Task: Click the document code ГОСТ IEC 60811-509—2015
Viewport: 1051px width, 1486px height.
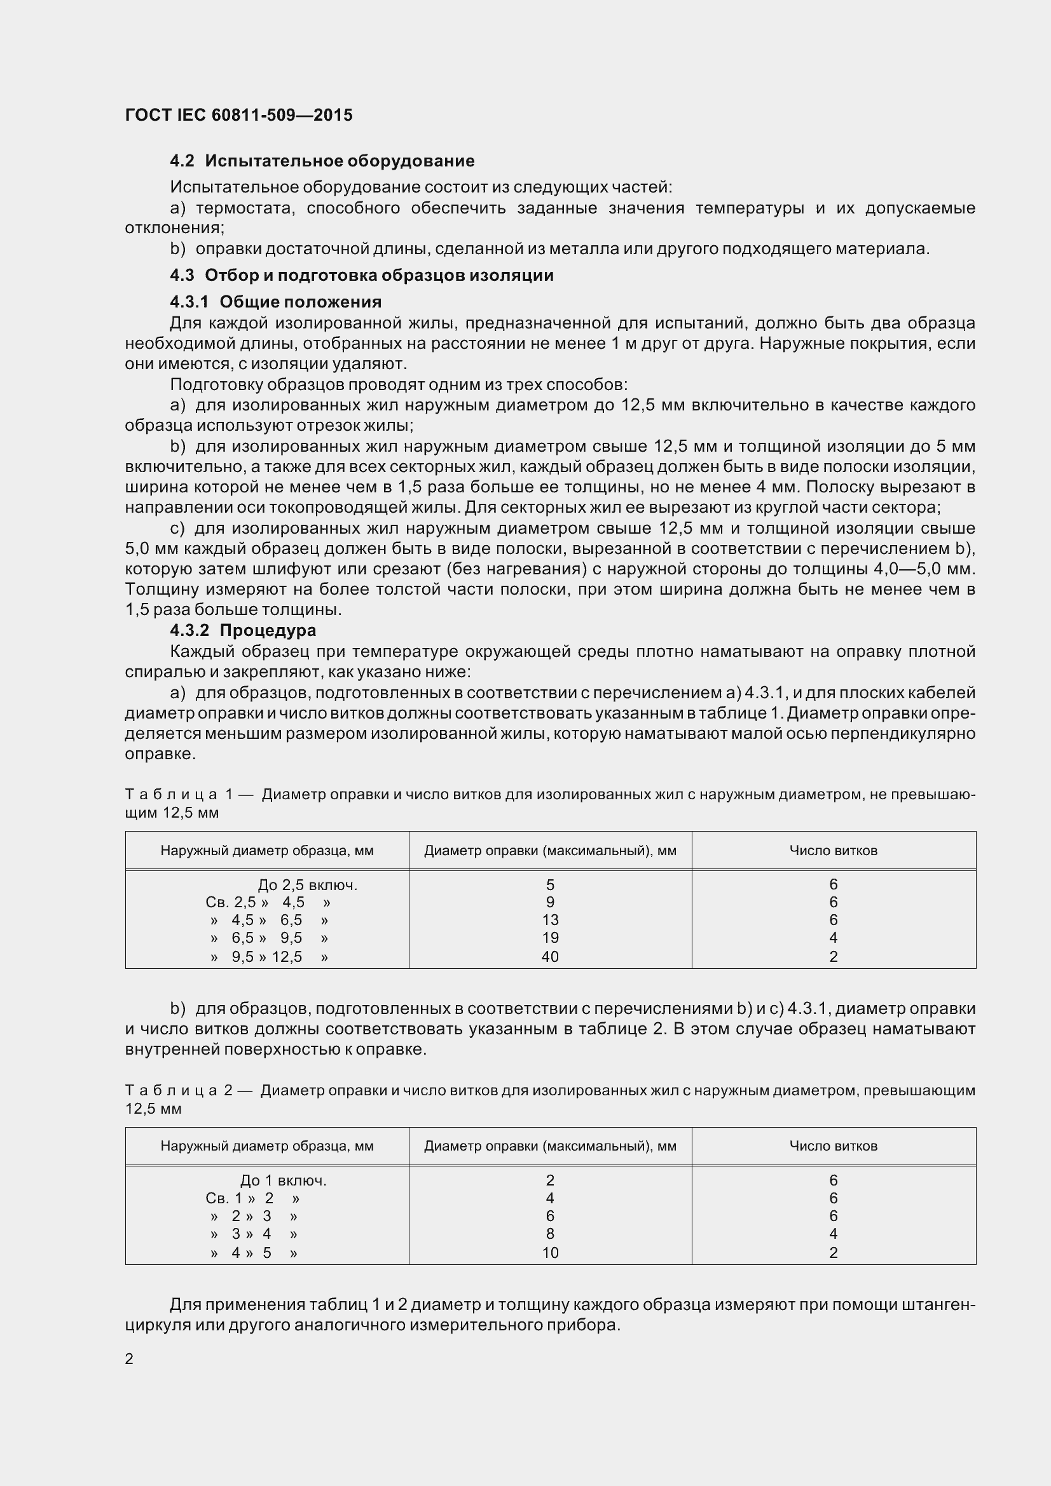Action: (x=238, y=115)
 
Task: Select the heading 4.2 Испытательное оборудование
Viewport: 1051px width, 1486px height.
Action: (x=322, y=161)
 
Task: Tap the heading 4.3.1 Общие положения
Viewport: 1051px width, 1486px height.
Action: (x=275, y=302)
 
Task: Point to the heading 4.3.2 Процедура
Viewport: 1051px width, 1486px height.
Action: (x=243, y=630)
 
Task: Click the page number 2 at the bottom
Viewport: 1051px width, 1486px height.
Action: (x=129, y=1358)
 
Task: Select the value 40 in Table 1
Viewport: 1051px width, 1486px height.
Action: (x=550, y=957)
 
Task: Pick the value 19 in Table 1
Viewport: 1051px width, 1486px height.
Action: (x=550, y=938)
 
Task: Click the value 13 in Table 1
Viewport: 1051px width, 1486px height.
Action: (x=550, y=920)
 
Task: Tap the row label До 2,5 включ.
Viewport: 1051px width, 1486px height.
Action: (x=308, y=885)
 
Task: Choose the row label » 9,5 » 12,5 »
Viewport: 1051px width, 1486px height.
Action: (x=269, y=957)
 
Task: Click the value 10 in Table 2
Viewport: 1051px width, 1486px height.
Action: (x=550, y=1252)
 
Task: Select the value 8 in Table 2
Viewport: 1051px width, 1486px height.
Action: (x=550, y=1234)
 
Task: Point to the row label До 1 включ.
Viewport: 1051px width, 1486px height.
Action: (x=283, y=1180)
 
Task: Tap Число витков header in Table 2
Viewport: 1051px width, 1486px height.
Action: (x=833, y=1146)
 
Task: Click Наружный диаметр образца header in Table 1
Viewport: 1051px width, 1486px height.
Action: (x=267, y=851)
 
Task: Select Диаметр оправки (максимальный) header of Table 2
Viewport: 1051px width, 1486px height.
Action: (x=550, y=1146)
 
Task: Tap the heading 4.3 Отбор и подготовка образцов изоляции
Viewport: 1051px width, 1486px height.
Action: (x=361, y=275)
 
